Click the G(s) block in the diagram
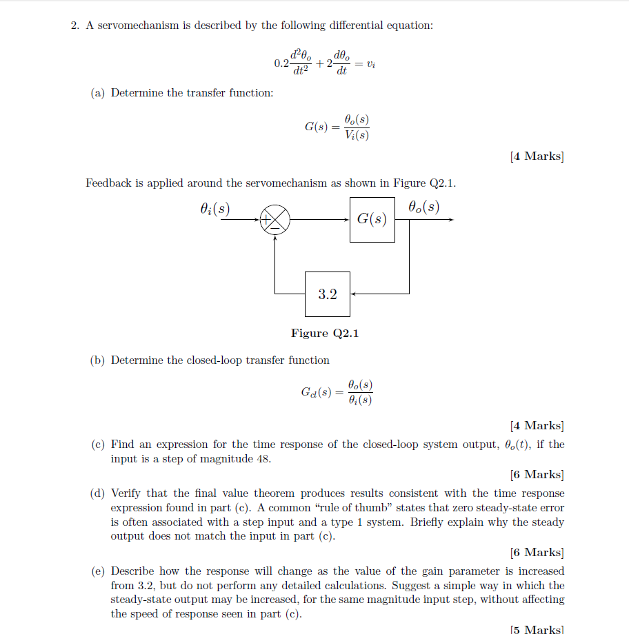[372, 220]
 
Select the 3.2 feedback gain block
[328, 294]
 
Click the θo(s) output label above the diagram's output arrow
[423, 206]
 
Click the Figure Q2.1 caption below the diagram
[325, 334]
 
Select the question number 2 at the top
[74, 25]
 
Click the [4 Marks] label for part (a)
[537, 156]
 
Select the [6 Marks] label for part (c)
[537, 474]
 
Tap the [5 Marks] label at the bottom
[537, 628]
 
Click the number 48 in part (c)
[263, 459]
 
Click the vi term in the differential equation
[371, 64]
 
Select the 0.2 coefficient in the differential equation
[281, 64]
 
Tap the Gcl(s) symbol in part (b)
[315, 393]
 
